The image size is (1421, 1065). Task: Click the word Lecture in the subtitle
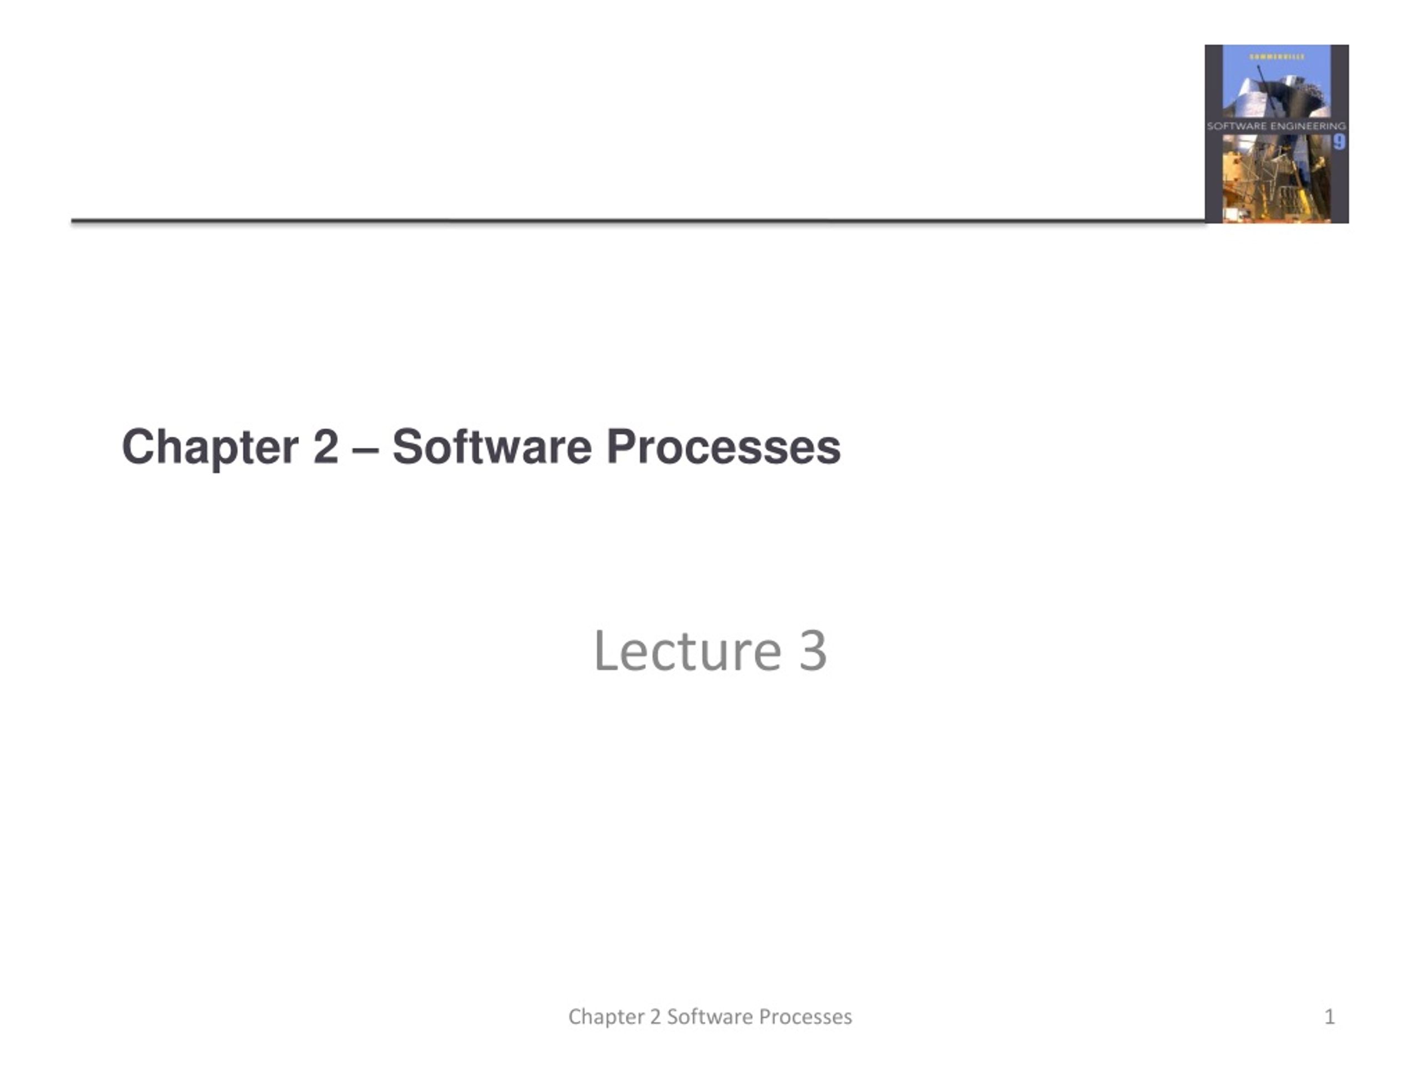(x=687, y=651)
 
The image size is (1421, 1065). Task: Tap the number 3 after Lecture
(x=813, y=651)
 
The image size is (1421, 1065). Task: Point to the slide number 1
(x=1330, y=1017)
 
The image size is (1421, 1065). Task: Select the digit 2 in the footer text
(x=655, y=1017)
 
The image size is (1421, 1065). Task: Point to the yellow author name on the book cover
(x=1277, y=57)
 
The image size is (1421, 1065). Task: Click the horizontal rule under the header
(x=636, y=221)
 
